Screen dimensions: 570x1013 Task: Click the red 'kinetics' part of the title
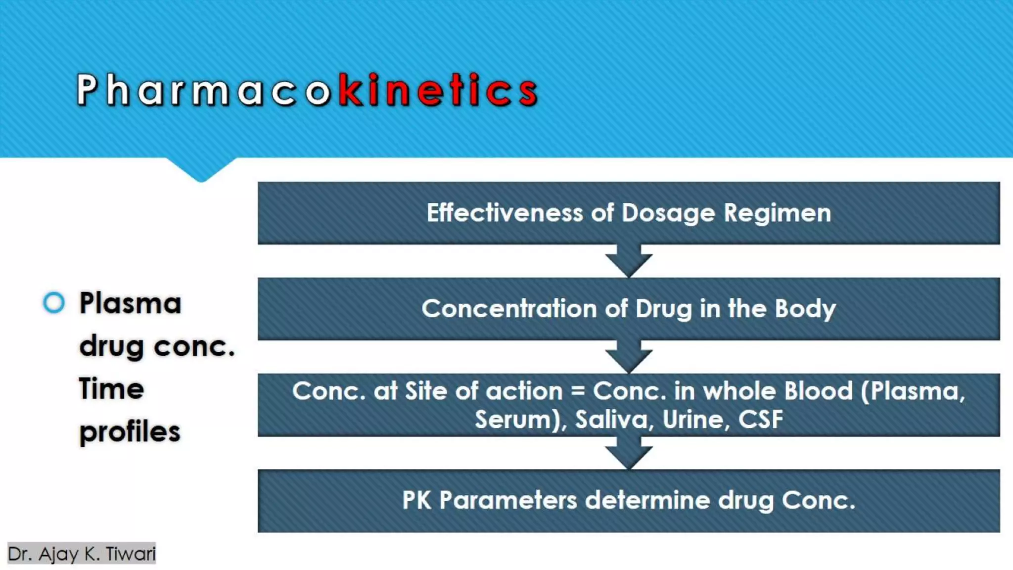pyautogui.click(x=438, y=91)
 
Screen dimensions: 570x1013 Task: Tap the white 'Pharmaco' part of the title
pyautogui.click(x=203, y=91)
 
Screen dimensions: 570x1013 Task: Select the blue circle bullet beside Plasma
pyautogui.click(x=54, y=303)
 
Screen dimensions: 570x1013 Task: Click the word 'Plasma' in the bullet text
pyautogui.click(x=130, y=303)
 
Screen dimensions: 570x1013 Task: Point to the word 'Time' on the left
pyautogui.click(x=111, y=389)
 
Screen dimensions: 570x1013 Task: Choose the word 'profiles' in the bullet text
pyautogui.click(x=130, y=432)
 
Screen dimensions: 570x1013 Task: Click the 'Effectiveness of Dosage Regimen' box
pyautogui.click(x=628, y=213)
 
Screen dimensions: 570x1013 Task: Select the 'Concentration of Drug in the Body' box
pyautogui.click(x=628, y=309)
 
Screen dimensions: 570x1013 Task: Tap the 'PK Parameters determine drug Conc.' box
pyautogui.click(x=628, y=500)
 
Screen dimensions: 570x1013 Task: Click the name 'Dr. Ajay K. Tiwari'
pyautogui.click(x=82, y=554)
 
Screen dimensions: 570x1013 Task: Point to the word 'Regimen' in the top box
pyautogui.click(x=777, y=213)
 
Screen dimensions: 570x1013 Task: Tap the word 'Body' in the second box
pyautogui.click(x=805, y=309)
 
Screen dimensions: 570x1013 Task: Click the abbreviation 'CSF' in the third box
pyautogui.click(x=760, y=420)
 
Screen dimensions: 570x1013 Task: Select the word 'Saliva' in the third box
pyautogui.click(x=611, y=420)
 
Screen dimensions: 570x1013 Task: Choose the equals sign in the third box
pyautogui.click(x=578, y=391)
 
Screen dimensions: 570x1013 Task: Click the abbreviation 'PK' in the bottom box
pyautogui.click(x=416, y=500)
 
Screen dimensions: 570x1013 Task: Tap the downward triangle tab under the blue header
pyautogui.click(x=201, y=170)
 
